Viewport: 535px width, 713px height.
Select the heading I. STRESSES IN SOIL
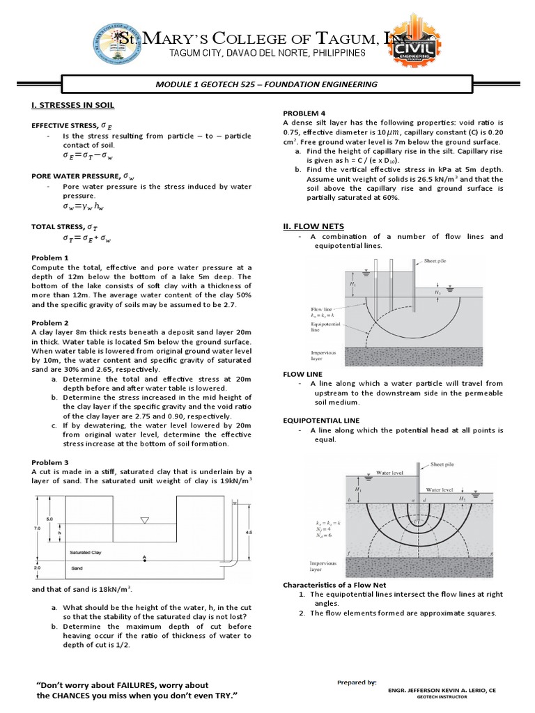click(x=73, y=105)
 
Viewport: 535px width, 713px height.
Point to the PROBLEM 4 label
click(x=304, y=113)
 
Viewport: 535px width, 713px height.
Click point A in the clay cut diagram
click(x=144, y=557)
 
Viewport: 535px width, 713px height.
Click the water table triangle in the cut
click(x=144, y=519)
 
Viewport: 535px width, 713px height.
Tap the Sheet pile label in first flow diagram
click(x=437, y=261)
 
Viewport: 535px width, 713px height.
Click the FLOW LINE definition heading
click(x=304, y=374)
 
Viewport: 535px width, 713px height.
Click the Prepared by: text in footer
click(x=356, y=682)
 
